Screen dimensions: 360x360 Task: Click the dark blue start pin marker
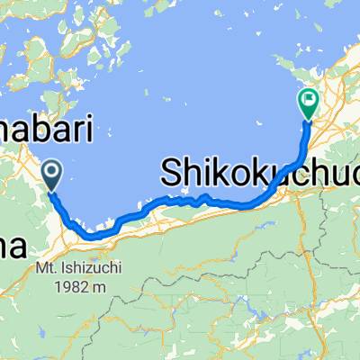pos(52,174)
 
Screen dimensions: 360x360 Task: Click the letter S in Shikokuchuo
pos(172,171)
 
